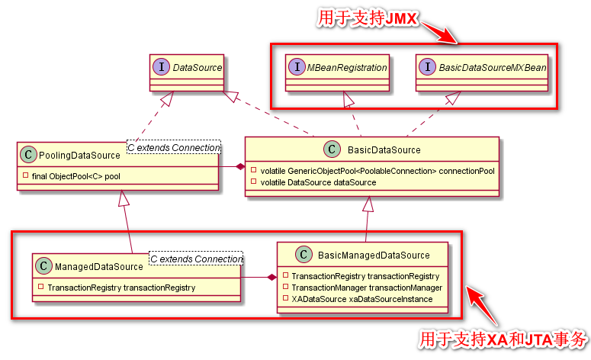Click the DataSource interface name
[197, 68]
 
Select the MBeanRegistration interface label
[347, 68]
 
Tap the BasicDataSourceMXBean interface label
[492, 68]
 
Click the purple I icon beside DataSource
[162, 68]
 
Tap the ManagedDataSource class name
[99, 267]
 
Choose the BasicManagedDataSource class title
[374, 255]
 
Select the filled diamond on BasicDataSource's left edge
[239, 166]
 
